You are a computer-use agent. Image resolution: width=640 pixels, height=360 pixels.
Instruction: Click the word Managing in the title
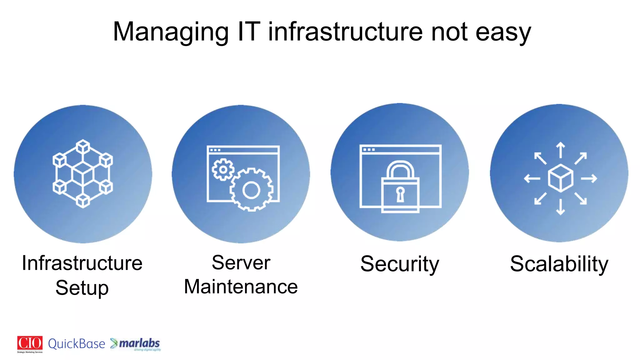tap(171, 32)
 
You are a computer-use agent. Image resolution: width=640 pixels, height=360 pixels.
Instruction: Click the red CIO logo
tap(30, 343)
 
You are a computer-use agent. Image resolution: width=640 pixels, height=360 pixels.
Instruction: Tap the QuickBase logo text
tap(77, 344)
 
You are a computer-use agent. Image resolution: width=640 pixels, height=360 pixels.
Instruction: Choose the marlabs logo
tap(136, 344)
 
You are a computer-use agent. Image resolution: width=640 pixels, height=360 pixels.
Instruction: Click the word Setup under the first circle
tap(82, 288)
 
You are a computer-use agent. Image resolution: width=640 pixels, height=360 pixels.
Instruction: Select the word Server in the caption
tap(241, 262)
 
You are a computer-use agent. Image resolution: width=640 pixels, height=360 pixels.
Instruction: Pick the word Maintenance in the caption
tap(241, 287)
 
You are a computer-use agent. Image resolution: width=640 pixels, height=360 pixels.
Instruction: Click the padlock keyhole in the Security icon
tap(400, 194)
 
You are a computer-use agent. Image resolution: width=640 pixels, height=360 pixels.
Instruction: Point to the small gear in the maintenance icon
tap(223, 169)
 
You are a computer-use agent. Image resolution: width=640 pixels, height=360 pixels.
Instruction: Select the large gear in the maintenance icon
tap(251, 190)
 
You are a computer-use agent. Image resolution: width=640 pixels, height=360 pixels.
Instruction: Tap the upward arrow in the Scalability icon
tap(561, 150)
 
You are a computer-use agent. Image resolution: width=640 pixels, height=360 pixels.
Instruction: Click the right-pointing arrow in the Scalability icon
tap(589, 178)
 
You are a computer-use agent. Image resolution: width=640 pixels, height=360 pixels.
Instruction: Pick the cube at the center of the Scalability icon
tap(561, 178)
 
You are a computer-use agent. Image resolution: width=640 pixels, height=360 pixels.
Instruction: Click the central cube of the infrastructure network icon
tap(83, 173)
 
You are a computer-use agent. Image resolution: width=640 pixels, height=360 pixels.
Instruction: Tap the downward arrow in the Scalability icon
tap(561, 207)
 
